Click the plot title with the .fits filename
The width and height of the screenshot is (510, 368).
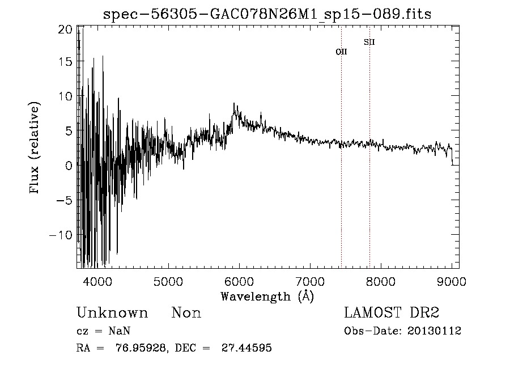267,14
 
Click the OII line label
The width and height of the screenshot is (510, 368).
341,52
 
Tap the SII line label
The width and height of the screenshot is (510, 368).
369,42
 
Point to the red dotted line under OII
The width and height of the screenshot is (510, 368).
341,170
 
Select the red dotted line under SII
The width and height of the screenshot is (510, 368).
369,170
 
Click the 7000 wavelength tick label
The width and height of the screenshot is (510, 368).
310,281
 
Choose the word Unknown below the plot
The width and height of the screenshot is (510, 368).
112,313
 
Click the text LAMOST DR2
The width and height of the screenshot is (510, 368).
392,313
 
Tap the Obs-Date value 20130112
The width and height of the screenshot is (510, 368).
433,331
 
